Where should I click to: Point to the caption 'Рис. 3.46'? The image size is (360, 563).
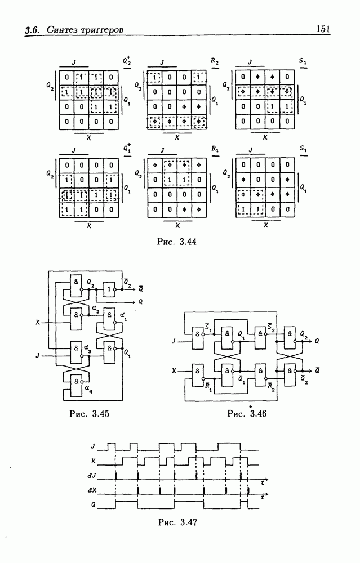coord(247,414)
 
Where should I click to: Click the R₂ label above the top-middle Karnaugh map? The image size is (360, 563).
coord(215,60)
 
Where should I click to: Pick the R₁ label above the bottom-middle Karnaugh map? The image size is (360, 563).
coord(215,149)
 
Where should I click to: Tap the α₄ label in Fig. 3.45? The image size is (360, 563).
coord(87,387)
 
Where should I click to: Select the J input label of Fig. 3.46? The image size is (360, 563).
coord(174,339)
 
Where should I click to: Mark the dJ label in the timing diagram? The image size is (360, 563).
coord(94,477)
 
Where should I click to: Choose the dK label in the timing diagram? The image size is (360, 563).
coord(94,489)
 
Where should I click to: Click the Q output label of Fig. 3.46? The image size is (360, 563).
coord(319,341)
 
